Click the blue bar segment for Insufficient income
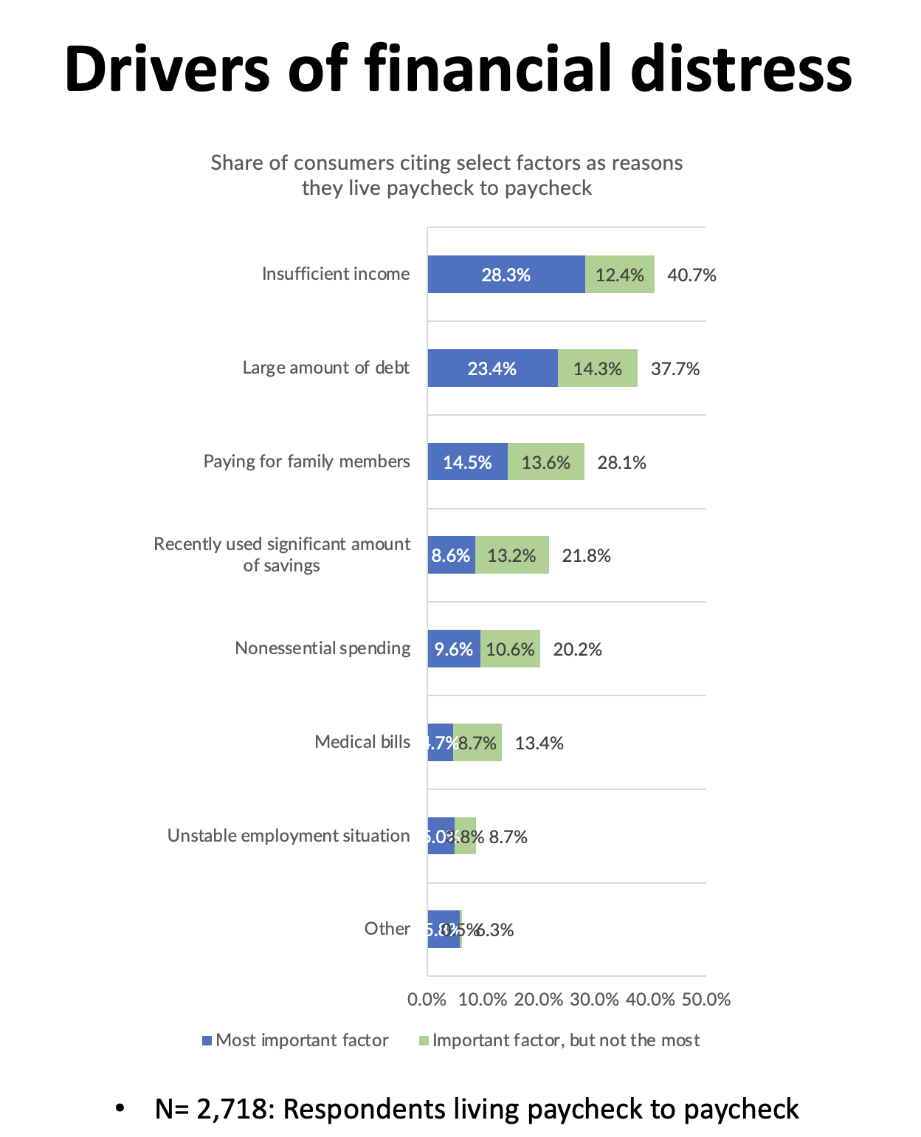click(x=506, y=275)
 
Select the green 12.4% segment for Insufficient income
click(x=620, y=275)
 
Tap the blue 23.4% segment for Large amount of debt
click(x=492, y=368)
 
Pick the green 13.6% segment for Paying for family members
click(x=546, y=462)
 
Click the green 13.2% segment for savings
click(x=512, y=555)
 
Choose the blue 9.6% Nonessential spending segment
click(x=454, y=649)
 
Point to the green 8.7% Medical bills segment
click(x=478, y=743)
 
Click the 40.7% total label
click(x=691, y=275)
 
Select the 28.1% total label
click(x=621, y=463)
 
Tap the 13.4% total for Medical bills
click(x=539, y=743)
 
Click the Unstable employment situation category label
click(x=289, y=836)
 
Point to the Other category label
click(x=387, y=929)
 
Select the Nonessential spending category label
click(x=322, y=648)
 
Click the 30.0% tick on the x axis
click(x=594, y=1000)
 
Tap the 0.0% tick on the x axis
click(x=427, y=1000)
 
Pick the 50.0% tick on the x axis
click(x=706, y=1000)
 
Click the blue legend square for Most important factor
click(x=207, y=1041)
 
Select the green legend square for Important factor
click(x=424, y=1041)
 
